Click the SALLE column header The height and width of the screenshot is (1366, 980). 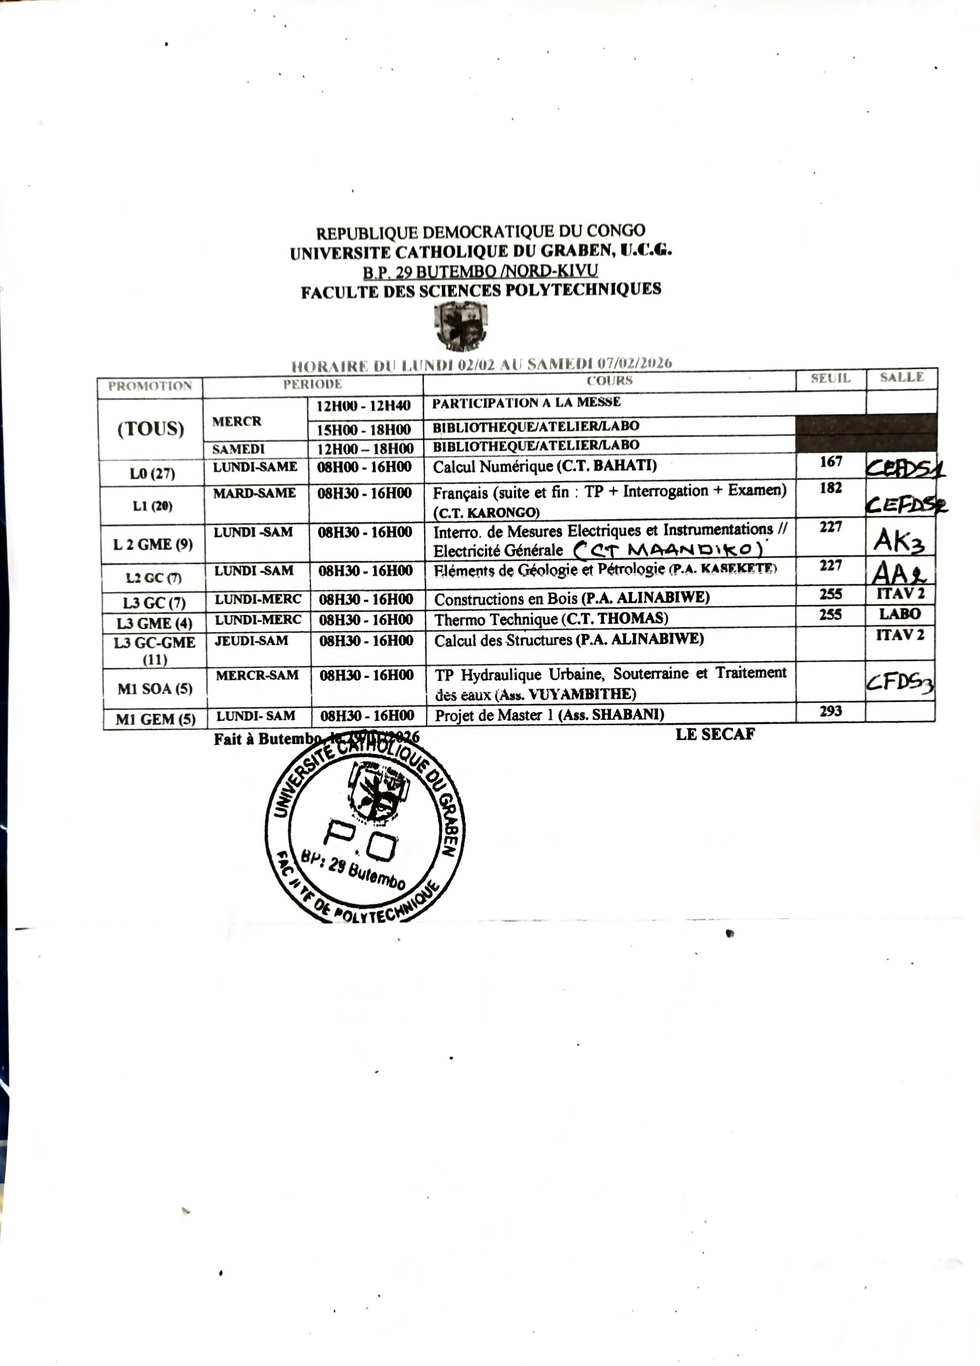tap(901, 378)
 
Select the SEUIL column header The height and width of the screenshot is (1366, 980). tap(830, 379)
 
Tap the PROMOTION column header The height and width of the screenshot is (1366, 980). tap(150, 386)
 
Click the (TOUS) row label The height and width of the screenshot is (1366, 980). tap(151, 429)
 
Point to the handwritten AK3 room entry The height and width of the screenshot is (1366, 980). tap(899, 540)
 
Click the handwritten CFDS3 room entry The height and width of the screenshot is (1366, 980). tap(899, 682)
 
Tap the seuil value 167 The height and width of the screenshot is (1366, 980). tap(831, 462)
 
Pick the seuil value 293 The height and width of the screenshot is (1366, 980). tap(830, 711)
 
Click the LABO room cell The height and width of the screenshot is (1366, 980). tap(900, 614)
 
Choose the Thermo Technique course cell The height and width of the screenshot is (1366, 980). tap(551, 619)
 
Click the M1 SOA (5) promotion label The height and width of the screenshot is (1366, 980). tap(155, 688)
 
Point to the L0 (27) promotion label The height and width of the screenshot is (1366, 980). tap(152, 473)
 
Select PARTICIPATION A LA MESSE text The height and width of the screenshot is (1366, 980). tap(526, 402)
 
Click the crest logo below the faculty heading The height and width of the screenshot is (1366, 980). tap(461, 325)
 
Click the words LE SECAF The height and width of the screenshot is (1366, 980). tap(715, 734)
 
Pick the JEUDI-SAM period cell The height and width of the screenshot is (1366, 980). tap(251, 640)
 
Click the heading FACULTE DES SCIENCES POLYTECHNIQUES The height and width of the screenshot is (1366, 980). tap(481, 291)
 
